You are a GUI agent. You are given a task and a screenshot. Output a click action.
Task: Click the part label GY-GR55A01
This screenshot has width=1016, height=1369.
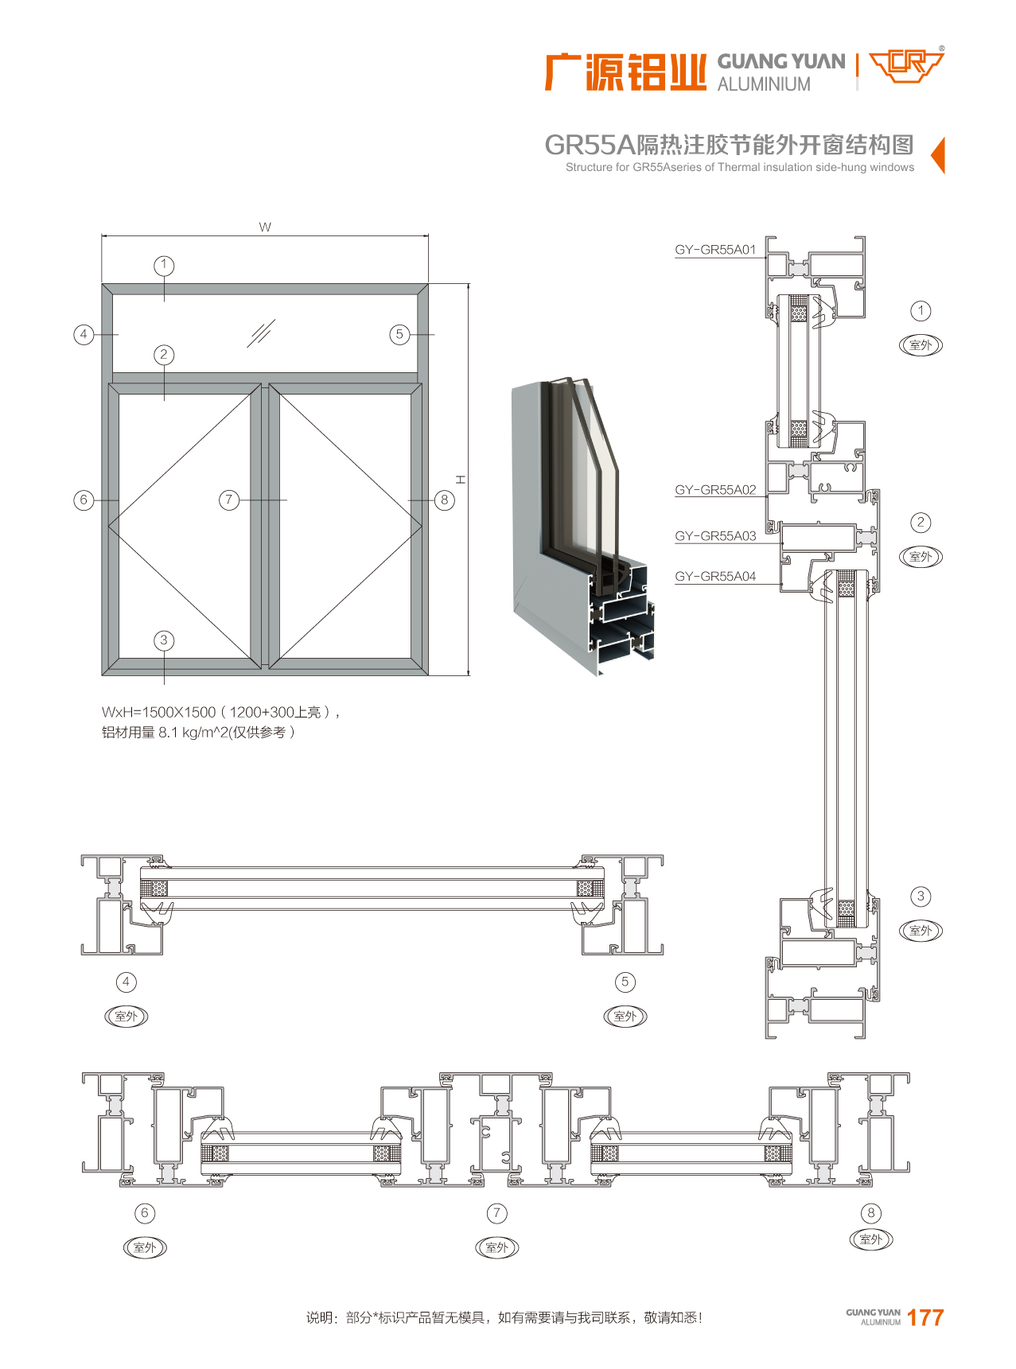click(715, 250)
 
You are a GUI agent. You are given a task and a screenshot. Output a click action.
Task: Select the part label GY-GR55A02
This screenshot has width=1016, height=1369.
click(715, 490)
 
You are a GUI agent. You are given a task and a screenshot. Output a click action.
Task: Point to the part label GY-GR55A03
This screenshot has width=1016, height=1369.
click(715, 536)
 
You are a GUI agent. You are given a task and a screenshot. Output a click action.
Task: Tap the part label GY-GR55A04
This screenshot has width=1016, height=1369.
click(715, 577)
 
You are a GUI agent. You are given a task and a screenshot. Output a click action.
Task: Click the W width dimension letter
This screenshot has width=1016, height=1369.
click(265, 228)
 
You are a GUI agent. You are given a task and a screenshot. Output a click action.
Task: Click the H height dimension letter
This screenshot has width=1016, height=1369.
click(461, 480)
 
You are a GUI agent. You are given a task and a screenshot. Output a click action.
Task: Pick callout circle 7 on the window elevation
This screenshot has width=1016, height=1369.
click(229, 500)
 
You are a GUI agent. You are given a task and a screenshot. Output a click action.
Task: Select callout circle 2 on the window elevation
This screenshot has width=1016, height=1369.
click(164, 355)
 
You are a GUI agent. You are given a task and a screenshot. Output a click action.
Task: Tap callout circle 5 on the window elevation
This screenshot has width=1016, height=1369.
click(399, 334)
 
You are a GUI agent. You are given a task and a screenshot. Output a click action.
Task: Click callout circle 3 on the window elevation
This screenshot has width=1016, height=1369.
click(164, 640)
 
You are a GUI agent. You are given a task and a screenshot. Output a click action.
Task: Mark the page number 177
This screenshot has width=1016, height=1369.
click(925, 1318)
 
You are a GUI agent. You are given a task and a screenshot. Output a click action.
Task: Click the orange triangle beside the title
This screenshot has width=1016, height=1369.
click(938, 154)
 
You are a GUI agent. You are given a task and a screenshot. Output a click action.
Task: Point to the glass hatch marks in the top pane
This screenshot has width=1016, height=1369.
click(260, 333)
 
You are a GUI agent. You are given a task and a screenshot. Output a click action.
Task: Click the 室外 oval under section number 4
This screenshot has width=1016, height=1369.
click(127, 1016)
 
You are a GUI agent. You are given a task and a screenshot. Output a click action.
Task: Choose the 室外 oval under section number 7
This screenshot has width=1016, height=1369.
click(496, 1247)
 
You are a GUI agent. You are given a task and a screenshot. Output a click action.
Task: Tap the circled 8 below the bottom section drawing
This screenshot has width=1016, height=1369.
click(871, 1213)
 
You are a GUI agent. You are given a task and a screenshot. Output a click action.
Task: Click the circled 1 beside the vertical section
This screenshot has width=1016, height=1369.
click(921, 311)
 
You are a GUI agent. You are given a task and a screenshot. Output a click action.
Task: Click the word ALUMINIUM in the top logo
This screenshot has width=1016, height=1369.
click(764, 84)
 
